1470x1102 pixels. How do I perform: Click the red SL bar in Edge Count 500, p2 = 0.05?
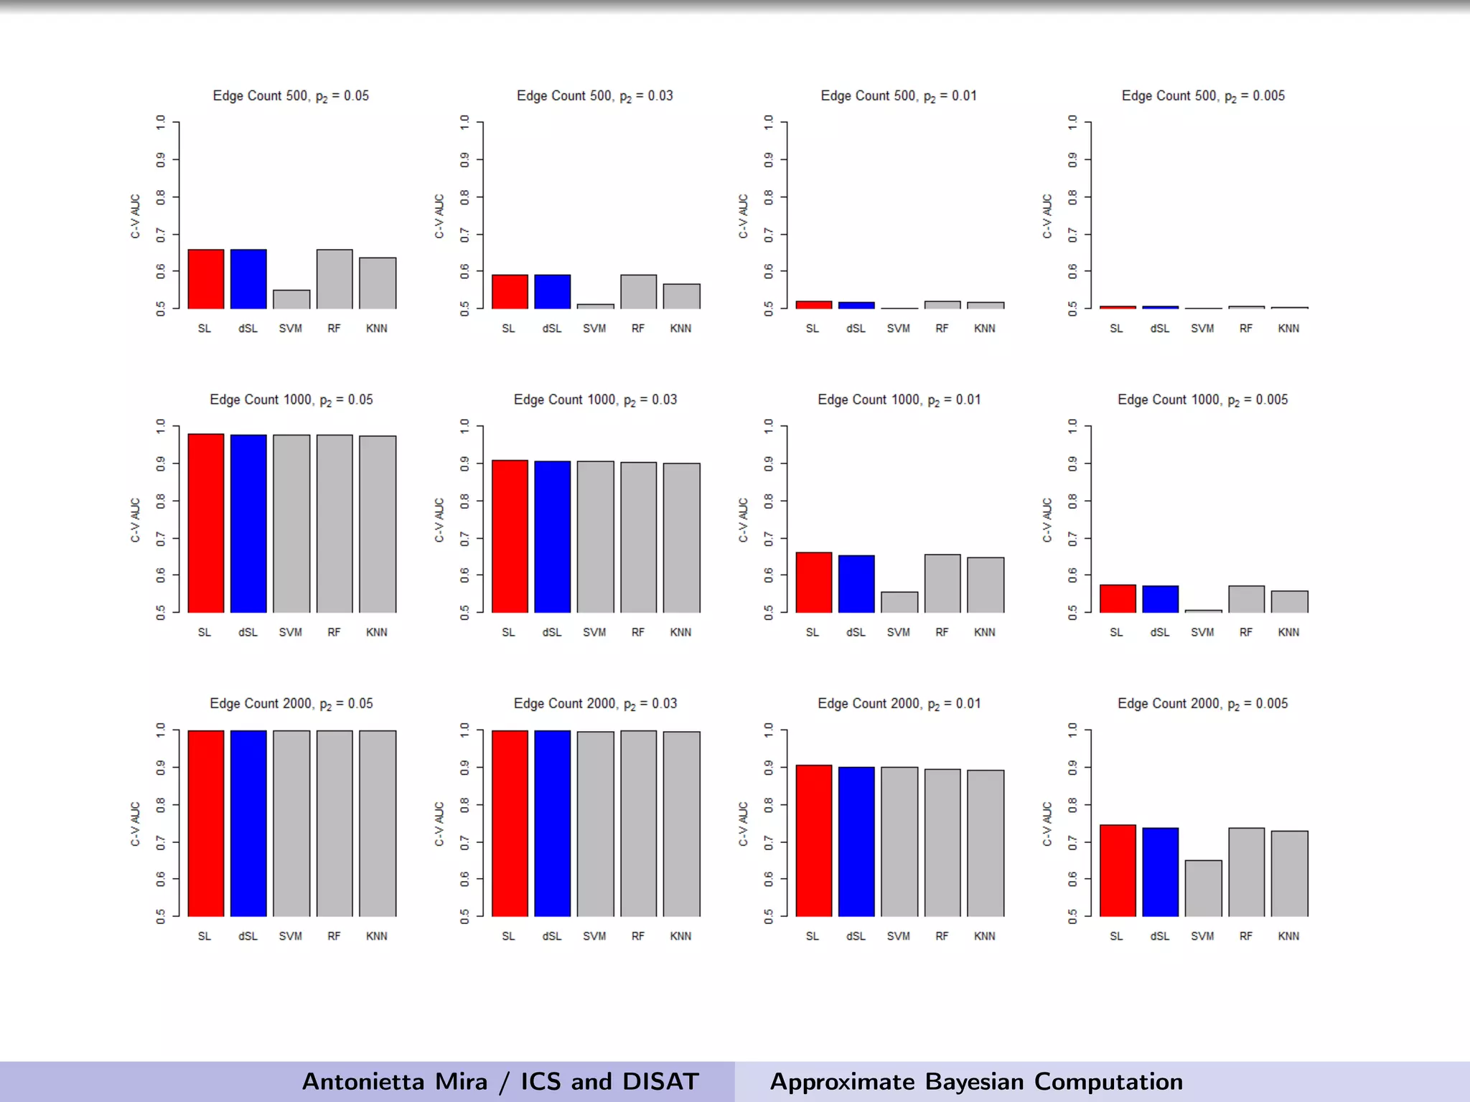tap(206, 279)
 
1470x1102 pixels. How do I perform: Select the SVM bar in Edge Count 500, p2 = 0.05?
tap(291, 300)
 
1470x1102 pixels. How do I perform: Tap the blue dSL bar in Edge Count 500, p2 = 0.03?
tap(552, 292)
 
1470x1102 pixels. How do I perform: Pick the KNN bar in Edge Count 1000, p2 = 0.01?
tap(985, 585)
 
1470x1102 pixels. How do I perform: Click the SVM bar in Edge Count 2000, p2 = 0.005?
tap(1203, 888)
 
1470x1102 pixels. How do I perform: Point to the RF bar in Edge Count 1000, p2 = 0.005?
tap(1246, 599)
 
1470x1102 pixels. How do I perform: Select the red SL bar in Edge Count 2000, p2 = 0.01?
tap(814, 840)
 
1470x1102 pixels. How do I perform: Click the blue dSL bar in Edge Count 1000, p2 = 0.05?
tap(248, 524)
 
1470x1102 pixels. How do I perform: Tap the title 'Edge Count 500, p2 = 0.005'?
tap(1203, 96)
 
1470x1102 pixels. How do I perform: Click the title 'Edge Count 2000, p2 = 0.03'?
tap(595, 704)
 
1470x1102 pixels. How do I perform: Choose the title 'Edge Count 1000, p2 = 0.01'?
tap(899, 400)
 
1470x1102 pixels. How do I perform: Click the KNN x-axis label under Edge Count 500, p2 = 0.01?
tap(985, 329)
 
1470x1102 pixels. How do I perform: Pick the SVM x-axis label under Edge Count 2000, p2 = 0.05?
tap(291, 936)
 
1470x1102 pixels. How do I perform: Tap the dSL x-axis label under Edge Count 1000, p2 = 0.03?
tap(552, 632)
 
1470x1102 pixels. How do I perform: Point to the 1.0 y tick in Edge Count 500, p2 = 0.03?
tap(464, 123)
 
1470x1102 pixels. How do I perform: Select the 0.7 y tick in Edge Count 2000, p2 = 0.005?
tap(1072, 842)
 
